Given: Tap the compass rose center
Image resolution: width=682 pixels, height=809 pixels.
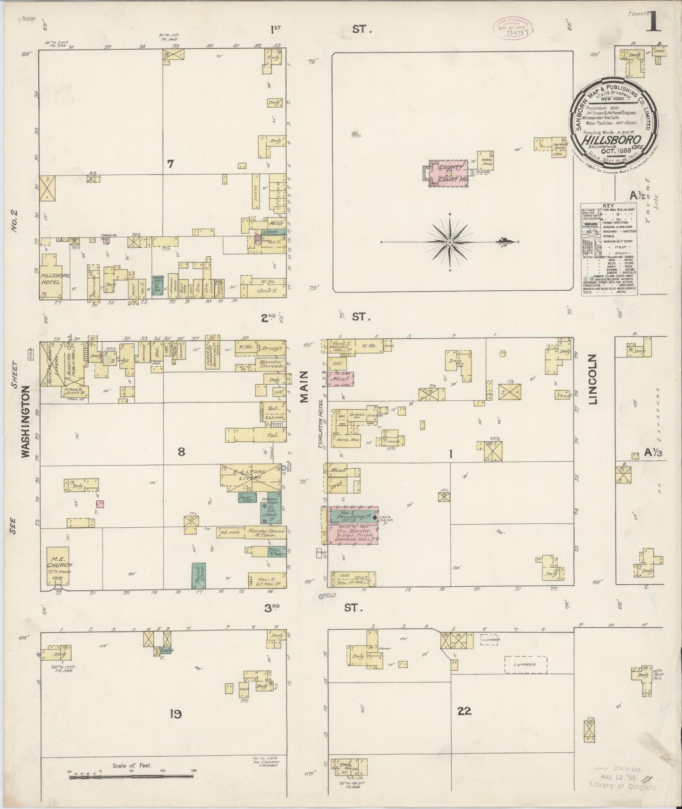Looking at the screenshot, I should [x=449, y=242].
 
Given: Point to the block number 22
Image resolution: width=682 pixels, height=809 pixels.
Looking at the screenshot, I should [x=464, y=711].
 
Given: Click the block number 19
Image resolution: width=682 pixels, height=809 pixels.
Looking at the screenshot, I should [x=176, y=715].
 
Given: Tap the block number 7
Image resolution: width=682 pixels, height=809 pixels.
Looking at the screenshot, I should [x=170, y=164].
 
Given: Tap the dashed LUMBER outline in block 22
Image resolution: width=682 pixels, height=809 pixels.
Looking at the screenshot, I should [x=525, y=665].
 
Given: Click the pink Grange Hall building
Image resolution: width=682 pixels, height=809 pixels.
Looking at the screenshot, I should [x=353, y=535].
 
